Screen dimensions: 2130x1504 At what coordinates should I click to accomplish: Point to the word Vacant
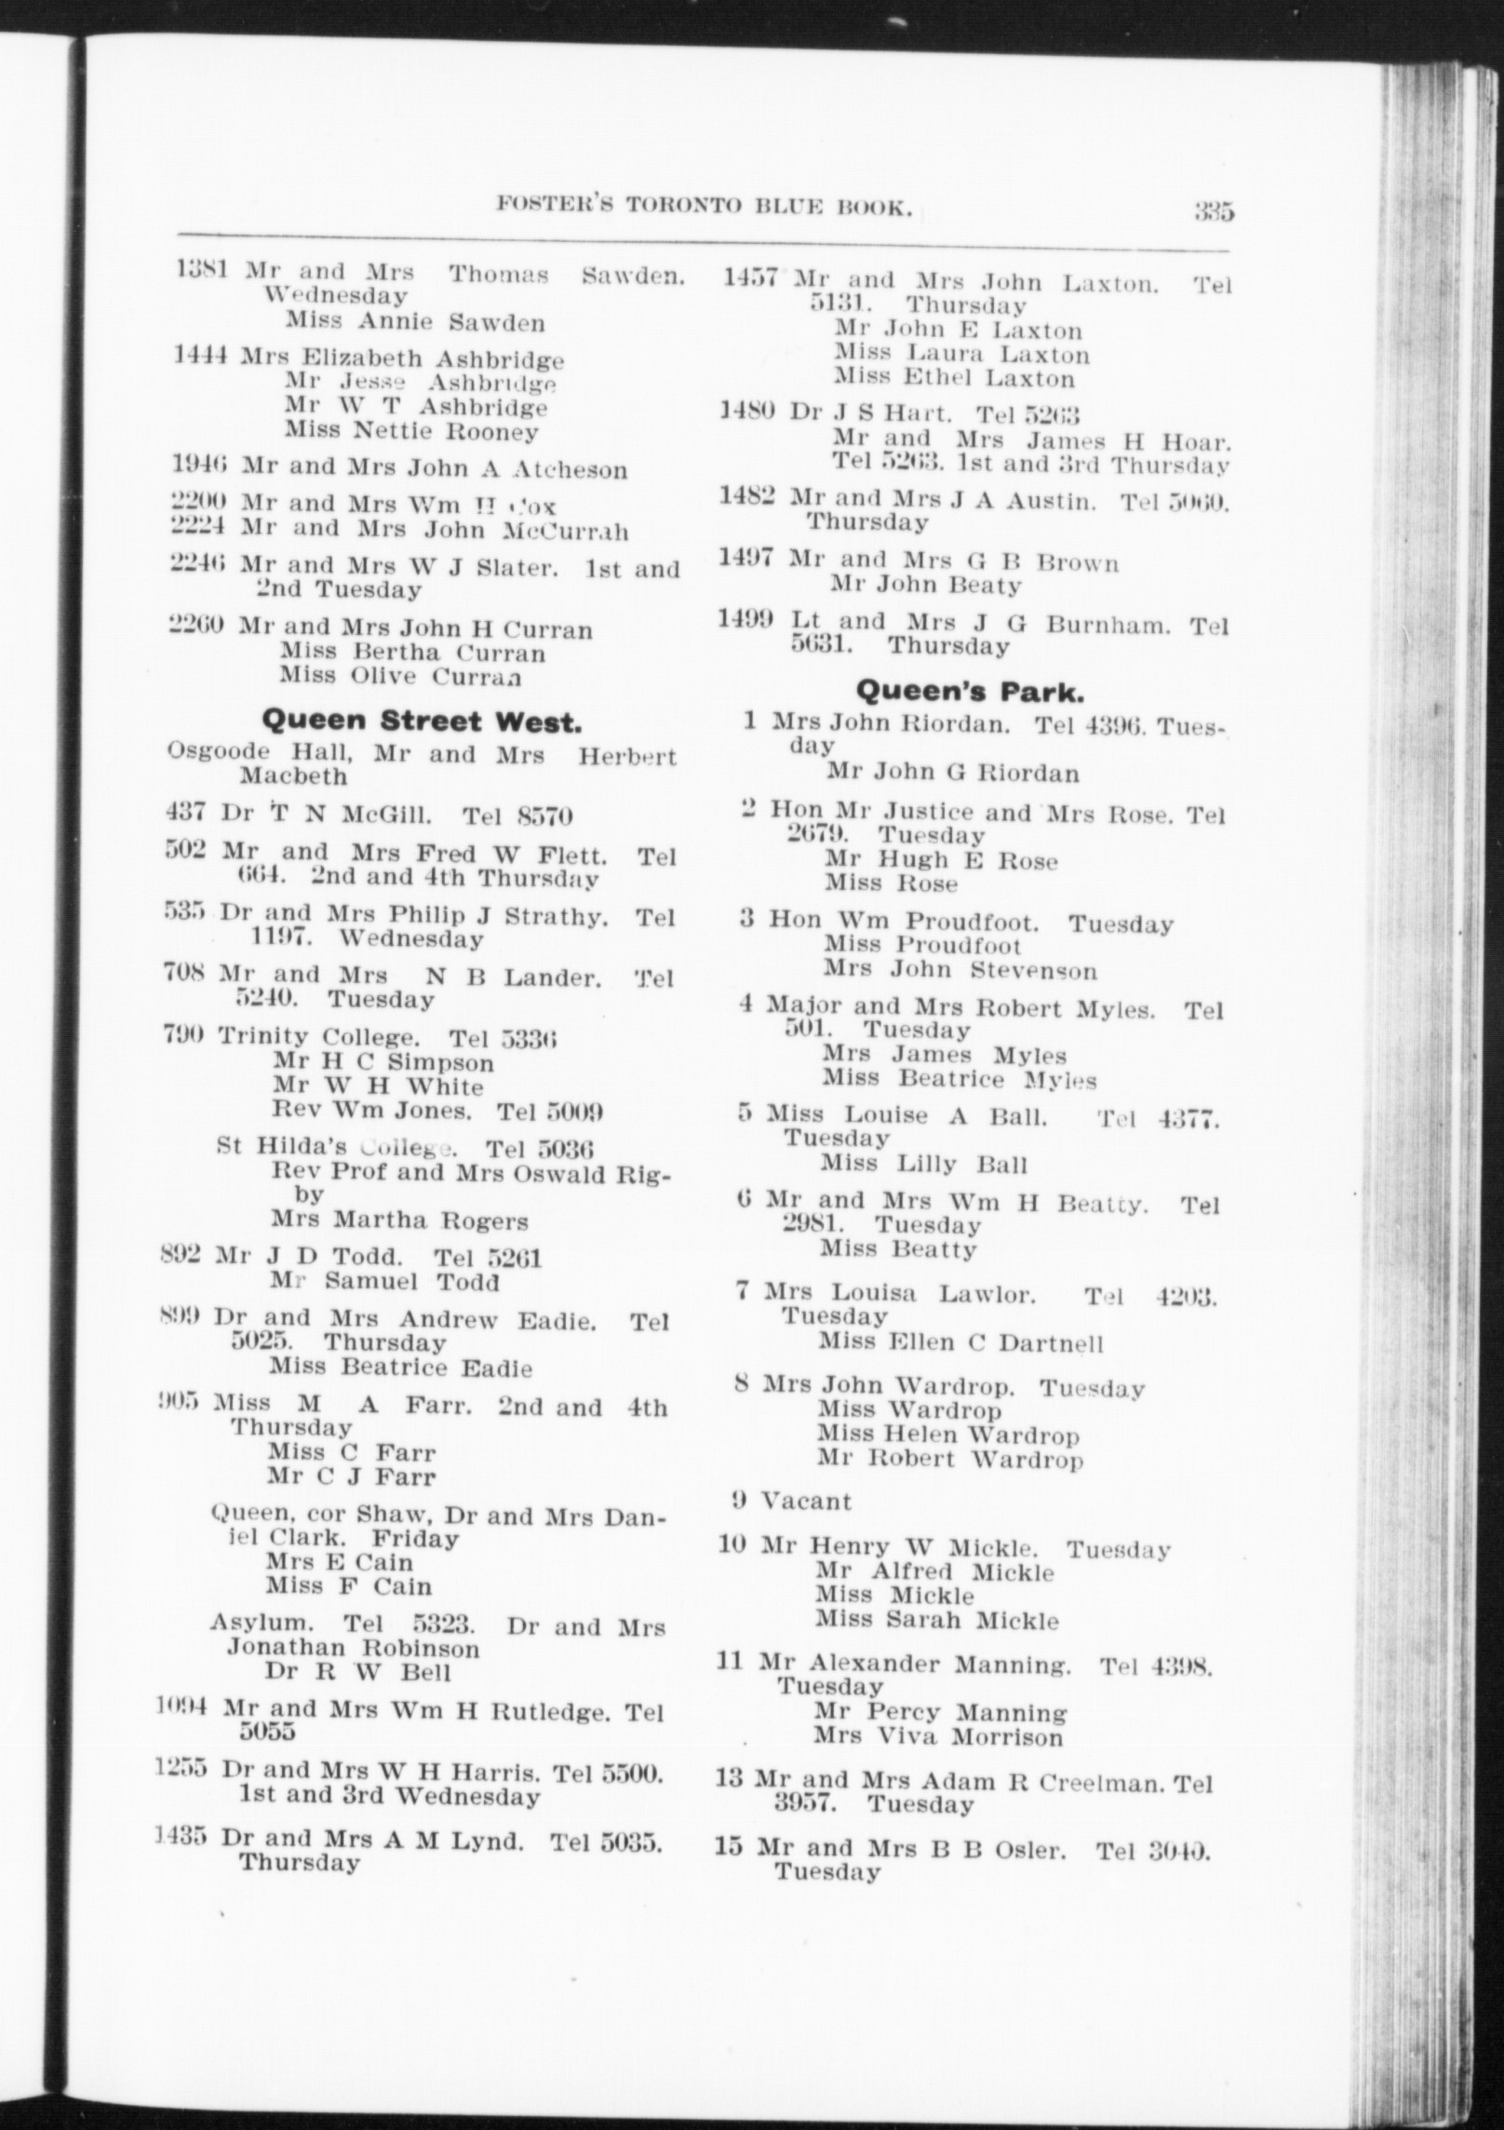pos(806,1501)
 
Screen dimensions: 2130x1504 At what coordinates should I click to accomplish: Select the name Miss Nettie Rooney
pos(411,431)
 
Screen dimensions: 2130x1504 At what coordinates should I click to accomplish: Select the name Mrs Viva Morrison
pos(937,1736)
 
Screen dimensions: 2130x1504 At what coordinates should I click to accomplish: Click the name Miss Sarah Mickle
pos(937,1620)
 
